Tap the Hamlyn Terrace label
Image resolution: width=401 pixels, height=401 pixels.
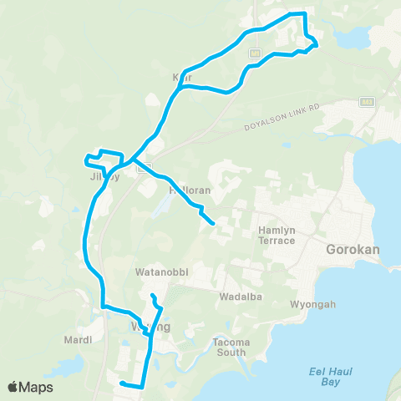(277, 235)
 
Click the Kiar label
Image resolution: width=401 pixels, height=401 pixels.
(181, 77)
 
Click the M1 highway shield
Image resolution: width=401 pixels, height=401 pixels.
(253, 53)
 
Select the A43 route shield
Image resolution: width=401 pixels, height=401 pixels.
(367, 101)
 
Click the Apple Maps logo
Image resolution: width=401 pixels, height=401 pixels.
(30, 387)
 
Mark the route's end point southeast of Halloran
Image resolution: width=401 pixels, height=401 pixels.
(214, 224)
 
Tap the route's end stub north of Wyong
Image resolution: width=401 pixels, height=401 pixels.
(152, 296)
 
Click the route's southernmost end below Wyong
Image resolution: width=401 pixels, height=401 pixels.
(122, 383)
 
